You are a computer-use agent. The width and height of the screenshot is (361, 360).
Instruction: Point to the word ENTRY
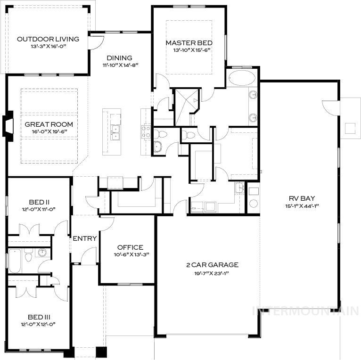point(85,238)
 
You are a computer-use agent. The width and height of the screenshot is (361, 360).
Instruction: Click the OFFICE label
point(130,247)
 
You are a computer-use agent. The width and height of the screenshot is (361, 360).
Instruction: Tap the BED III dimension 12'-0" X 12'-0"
point(39,324)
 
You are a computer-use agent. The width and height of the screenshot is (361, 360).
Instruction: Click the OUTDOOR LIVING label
point(48,39)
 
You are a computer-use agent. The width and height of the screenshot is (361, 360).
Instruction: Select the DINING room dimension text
point(120,65)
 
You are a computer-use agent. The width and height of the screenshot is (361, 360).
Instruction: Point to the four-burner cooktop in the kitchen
point(146,130)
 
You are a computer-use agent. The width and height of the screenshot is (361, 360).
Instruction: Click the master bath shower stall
point(186,107)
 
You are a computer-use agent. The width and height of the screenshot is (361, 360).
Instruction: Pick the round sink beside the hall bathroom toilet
point(43,253)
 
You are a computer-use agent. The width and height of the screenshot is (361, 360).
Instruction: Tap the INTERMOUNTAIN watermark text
point(306,311)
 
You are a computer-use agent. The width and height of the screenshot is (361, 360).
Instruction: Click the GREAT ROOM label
point(49,124)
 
